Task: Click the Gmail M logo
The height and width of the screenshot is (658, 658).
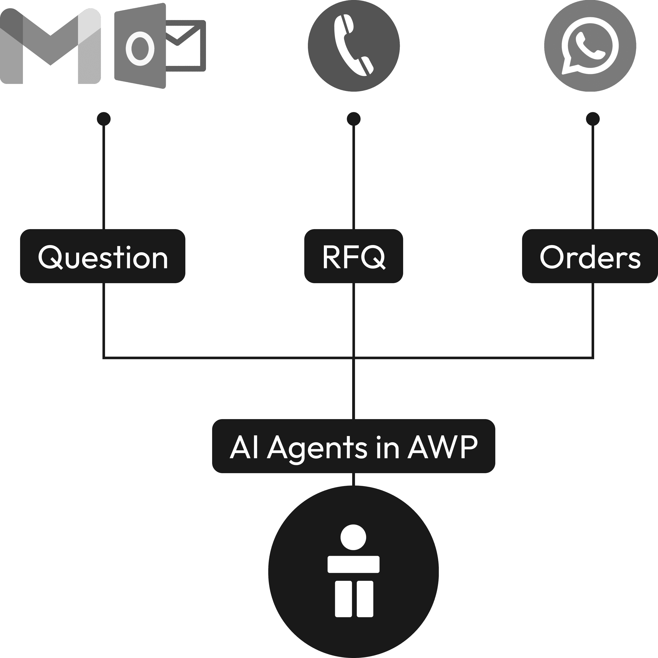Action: (x=50, y=46)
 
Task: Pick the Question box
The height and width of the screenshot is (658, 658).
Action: (x=102, y=256)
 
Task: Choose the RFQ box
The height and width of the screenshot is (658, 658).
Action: (x=353, y=256)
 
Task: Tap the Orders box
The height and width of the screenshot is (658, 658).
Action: (x=590, y=256)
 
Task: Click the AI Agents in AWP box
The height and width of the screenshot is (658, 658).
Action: (x=353, y=446)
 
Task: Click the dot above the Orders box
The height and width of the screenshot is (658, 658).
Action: (x=593, y=119)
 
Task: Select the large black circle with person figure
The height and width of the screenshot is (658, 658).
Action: (x=353, y=571)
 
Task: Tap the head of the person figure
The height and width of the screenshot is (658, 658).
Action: (x=353, y=537)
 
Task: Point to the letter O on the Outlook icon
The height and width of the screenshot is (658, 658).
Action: (x=140, y=49)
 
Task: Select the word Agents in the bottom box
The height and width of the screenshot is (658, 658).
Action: (x=317, y=449)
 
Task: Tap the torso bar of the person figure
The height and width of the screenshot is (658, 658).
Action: (x=353, y=564)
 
